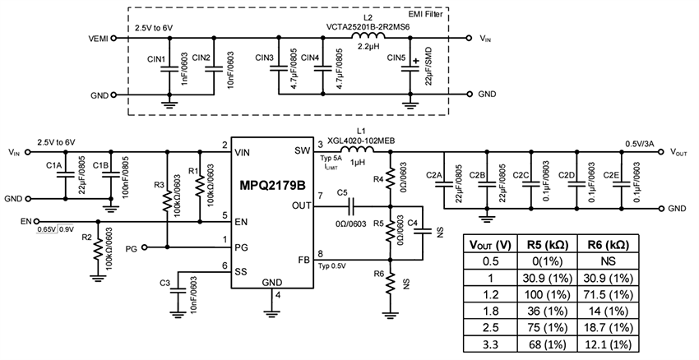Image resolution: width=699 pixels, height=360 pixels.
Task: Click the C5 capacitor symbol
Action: coord(351,204)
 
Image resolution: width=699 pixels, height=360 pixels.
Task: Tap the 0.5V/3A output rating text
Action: coord(637,143)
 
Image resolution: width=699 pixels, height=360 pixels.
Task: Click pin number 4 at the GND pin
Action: coord(278,294)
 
